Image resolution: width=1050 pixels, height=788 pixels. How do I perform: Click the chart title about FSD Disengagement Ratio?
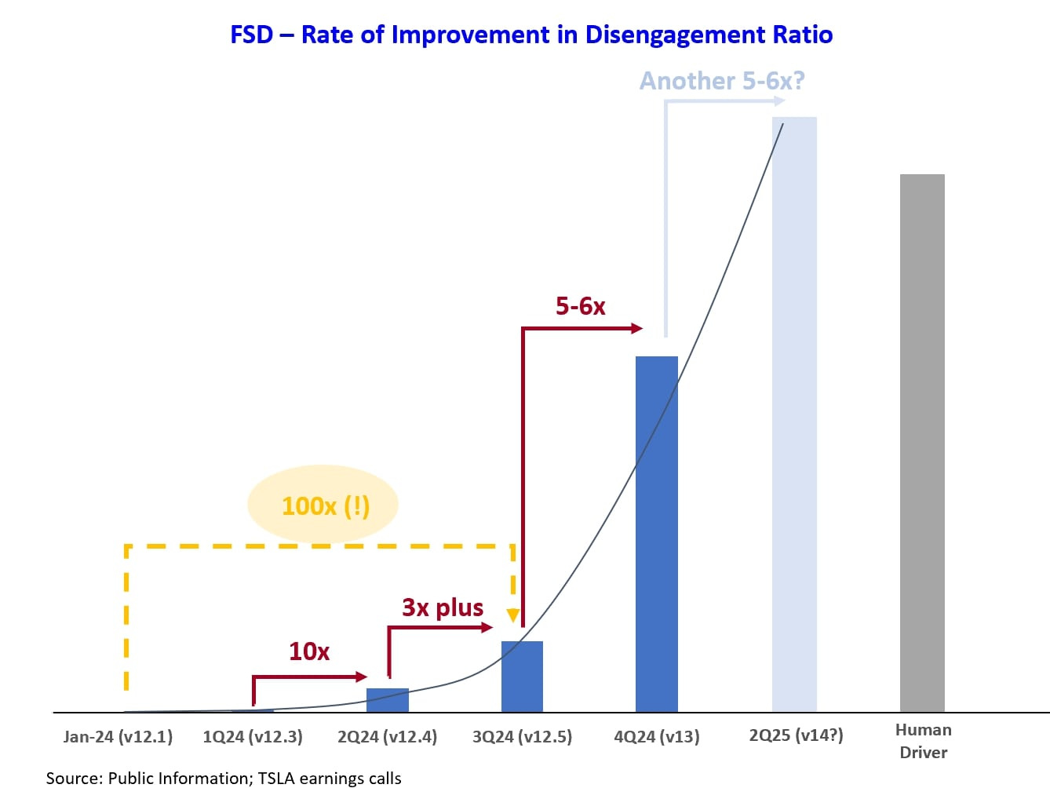pos(531,35)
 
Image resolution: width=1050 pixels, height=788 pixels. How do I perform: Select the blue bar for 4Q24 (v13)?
pos(656,534)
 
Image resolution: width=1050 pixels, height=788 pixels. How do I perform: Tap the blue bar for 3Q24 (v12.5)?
pos(522,677)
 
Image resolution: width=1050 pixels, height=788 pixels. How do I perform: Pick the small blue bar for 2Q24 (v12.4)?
pos(388,700)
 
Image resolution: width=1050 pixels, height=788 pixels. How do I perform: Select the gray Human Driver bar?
pos(922,443)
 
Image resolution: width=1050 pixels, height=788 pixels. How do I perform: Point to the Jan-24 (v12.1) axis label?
pos(118,737)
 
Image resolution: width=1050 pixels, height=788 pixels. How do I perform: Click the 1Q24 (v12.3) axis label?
pos(253,737)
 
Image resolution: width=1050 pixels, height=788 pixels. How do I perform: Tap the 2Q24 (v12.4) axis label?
pos(388,737)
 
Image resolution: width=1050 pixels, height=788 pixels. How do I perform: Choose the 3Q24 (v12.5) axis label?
pos(522,737)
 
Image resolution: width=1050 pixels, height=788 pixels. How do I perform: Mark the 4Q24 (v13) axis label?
pos(657,737)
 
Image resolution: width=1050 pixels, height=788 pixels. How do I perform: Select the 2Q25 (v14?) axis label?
pos(796,735)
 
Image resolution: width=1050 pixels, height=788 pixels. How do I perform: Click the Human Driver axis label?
pos(923,741)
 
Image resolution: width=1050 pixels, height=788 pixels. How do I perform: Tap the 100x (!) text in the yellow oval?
pos(325,506)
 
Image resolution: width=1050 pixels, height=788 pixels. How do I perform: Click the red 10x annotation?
pos(309,651)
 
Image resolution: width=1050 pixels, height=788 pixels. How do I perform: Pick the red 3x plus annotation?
pos(443,607)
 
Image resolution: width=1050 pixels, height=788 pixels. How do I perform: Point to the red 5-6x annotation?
pos(581,306)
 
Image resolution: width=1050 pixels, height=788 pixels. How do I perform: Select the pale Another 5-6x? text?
pos(722,81)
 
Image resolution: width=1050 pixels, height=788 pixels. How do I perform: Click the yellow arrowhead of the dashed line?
pos(512,615)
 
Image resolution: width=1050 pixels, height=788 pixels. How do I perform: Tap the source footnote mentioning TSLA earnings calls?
pos(224,778)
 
